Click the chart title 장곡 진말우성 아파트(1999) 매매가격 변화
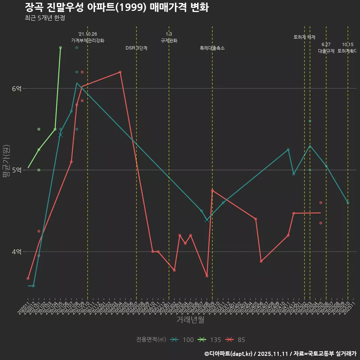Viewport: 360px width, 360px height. pos(117,7)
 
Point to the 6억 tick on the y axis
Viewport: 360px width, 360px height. pos(16,88)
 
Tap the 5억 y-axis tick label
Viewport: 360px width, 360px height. pos(16,170)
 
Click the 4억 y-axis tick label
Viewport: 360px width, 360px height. pos(16,252)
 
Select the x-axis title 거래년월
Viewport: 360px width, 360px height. pos(190,320)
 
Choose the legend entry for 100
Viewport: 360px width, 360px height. pos(182,340)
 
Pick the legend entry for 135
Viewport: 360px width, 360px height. pos(210,340)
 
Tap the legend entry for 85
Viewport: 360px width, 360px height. pos(236,340)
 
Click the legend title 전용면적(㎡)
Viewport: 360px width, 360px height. pos(151,340)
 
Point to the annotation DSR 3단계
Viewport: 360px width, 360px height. pos(136,48)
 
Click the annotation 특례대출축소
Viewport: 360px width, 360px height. pos(212,48)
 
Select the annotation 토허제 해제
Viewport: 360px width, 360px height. pos(304,37)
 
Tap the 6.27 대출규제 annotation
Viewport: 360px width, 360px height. pos(326,48)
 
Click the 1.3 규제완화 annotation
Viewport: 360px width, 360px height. pos(169,37)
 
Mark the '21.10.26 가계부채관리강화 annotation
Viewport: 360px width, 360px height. pos(88,37)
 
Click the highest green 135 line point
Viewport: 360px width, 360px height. pos(60,48)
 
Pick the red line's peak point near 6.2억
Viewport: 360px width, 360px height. pos(120,72)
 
